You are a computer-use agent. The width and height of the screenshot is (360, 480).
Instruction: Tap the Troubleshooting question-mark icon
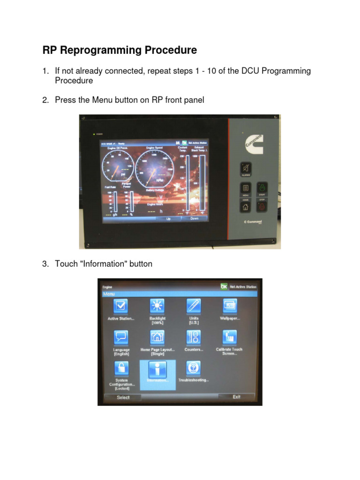pos(193,367)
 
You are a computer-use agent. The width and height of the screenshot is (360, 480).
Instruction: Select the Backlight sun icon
pos(157,306)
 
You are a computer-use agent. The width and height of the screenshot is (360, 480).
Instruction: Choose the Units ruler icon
pos(193,306)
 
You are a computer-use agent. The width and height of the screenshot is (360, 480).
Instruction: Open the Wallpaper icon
pos(229,306)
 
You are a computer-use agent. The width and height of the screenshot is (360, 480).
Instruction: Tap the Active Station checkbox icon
pos(121,306)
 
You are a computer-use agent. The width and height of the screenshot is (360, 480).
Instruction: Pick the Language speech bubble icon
pos(121,337)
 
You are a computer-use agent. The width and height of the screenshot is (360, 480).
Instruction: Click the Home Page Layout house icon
pos(157,337)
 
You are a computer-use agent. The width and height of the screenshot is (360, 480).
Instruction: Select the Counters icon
pos(193,337)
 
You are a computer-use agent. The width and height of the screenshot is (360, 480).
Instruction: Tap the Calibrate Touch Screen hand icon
pos(229,337)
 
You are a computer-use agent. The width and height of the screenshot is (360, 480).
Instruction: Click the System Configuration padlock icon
pos(121,367)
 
